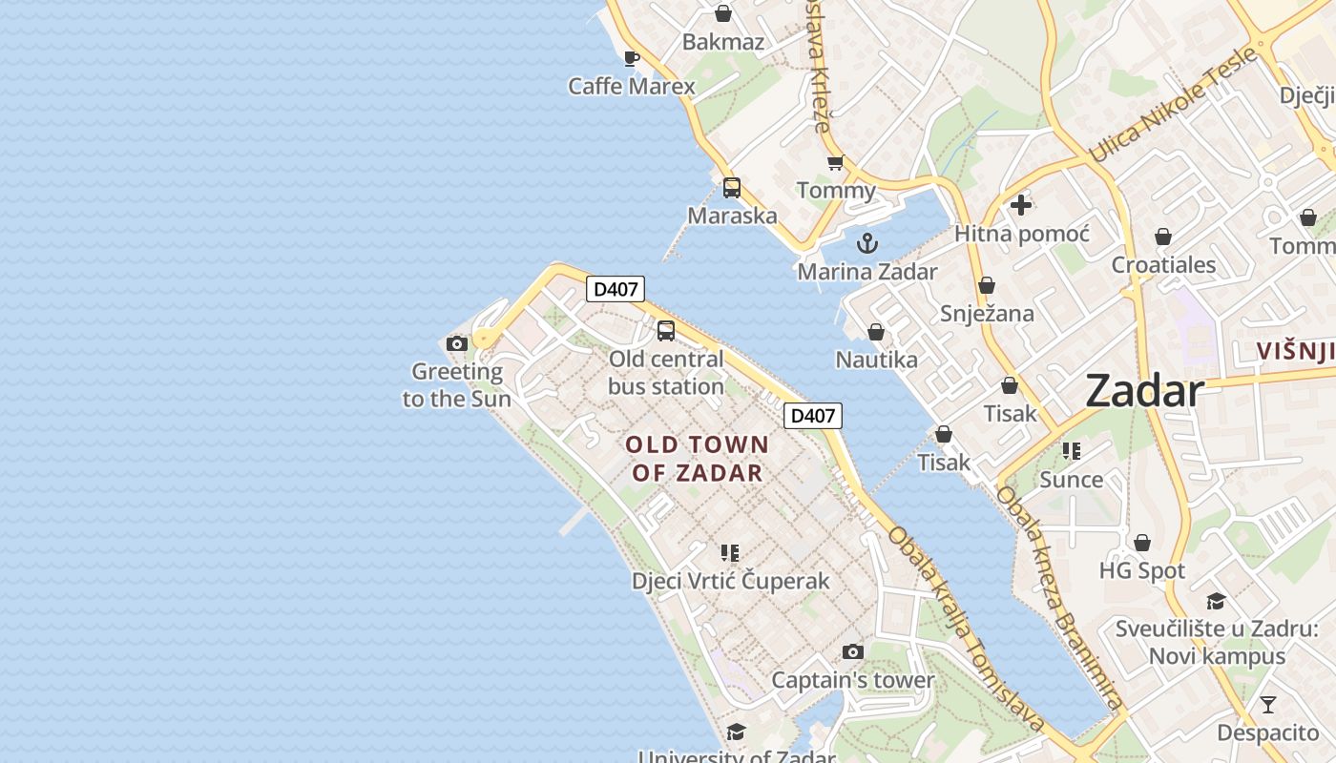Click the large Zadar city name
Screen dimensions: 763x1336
[x=1144, y=391]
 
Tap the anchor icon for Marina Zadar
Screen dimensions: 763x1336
[x=866, y=243]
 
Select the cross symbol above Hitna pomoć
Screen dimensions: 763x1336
[x=1021, y=204]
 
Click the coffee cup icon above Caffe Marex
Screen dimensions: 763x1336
[x=631, y=58]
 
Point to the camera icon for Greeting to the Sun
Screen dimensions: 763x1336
[x=457, y=343]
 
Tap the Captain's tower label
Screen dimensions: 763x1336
[x=852, y=680]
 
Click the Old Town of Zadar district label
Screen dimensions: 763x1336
[x=697, y=458]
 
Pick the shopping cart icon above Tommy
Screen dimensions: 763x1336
[x=836, y=163]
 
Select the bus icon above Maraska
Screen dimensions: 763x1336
[x=732, y=188]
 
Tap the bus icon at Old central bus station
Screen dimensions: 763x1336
[x=666, y=331]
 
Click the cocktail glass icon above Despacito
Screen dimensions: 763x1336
[x=1267, y=705]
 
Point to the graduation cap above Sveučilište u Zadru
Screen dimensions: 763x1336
[x=1216, y=601]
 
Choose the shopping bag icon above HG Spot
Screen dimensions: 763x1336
[x=1141, y=543]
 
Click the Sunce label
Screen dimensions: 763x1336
[x=1071, y=479]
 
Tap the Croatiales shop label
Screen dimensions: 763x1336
[x=1163, y=264]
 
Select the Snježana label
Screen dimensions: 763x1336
[x=987, y=313]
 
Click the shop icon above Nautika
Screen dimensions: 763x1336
[x=875, y=332]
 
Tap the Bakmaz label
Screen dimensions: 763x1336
[x=722, y=41]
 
